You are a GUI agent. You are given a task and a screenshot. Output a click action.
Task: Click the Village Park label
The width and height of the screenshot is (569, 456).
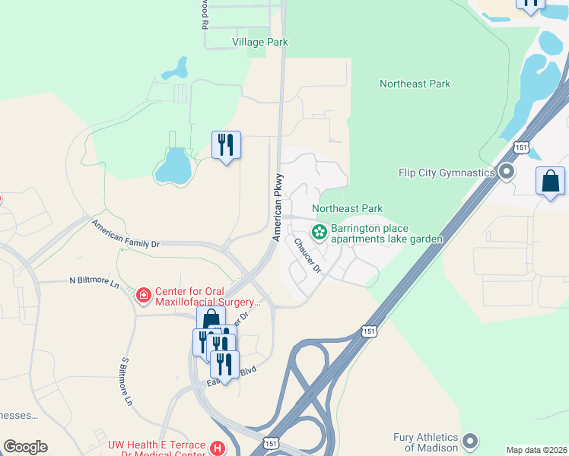[x=260, y=43]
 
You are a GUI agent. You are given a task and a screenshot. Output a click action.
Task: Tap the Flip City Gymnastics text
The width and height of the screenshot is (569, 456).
[x=447, y=173]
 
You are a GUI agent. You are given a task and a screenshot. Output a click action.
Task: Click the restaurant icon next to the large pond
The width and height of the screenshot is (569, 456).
[x=226, y=144]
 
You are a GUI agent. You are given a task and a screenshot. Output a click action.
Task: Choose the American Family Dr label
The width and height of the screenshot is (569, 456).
[x=126, y=235]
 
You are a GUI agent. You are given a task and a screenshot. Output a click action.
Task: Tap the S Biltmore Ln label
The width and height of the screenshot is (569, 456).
[x=128, y=380]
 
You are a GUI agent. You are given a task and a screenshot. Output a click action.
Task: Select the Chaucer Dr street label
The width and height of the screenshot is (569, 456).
[x=308, y=255]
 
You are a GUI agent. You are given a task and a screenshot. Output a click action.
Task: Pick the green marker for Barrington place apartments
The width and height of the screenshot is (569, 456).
[x=319, y=229]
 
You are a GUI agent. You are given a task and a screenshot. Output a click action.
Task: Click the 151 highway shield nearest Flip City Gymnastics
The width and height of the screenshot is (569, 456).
[x=521, y=147]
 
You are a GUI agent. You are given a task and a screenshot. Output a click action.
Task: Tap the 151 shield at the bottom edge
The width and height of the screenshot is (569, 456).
[x=270, y=442]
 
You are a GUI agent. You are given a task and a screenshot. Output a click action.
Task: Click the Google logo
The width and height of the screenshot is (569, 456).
[x=25, y=447]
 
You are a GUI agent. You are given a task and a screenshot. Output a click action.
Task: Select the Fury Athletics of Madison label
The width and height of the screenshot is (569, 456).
[x=426, y=442]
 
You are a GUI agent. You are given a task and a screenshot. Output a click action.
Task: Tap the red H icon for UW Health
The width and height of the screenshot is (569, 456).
[x=218, y=449]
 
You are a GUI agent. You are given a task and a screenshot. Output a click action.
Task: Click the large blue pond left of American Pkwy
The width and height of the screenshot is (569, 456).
[x=173, y=165]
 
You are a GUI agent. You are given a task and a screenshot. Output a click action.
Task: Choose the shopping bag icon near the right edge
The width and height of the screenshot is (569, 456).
[x=550, y=182]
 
